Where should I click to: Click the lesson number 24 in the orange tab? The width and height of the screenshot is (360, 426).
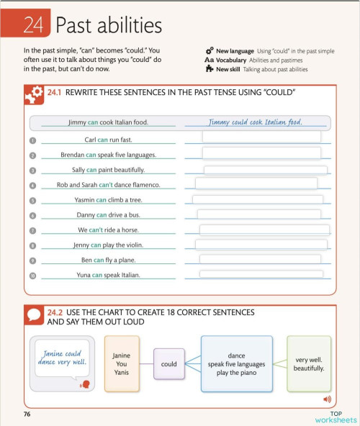(33, 27)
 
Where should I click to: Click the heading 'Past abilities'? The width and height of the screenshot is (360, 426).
(109, 27)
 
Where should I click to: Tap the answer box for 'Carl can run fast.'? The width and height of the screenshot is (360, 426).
(261, 137)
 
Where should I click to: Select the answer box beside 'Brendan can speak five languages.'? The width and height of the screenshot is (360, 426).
(261, 153)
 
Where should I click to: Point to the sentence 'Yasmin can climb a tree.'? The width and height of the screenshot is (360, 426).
(108, 200)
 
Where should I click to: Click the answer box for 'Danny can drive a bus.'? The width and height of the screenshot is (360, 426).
(258, 214)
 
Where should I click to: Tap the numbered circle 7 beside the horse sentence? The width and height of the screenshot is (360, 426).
(32, 231)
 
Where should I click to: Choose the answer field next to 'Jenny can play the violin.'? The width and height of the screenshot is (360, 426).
(261, 245)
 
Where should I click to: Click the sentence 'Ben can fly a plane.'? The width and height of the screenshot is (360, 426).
(108, 260)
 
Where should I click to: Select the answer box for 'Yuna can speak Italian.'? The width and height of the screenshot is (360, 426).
(261, 274)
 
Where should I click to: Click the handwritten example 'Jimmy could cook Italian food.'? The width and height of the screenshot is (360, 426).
(255, 122)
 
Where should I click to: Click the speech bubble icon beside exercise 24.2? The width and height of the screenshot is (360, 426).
(34, 315)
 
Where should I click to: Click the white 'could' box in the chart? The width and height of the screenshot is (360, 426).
(168, 364)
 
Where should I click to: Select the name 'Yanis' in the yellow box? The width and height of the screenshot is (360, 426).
(122, 372)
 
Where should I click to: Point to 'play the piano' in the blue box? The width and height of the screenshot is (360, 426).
(236, 373)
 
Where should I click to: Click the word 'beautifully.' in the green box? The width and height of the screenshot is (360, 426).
(309, 368)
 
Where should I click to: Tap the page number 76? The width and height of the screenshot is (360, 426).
(27, 414)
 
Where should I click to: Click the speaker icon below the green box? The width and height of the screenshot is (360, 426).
(327, 399)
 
